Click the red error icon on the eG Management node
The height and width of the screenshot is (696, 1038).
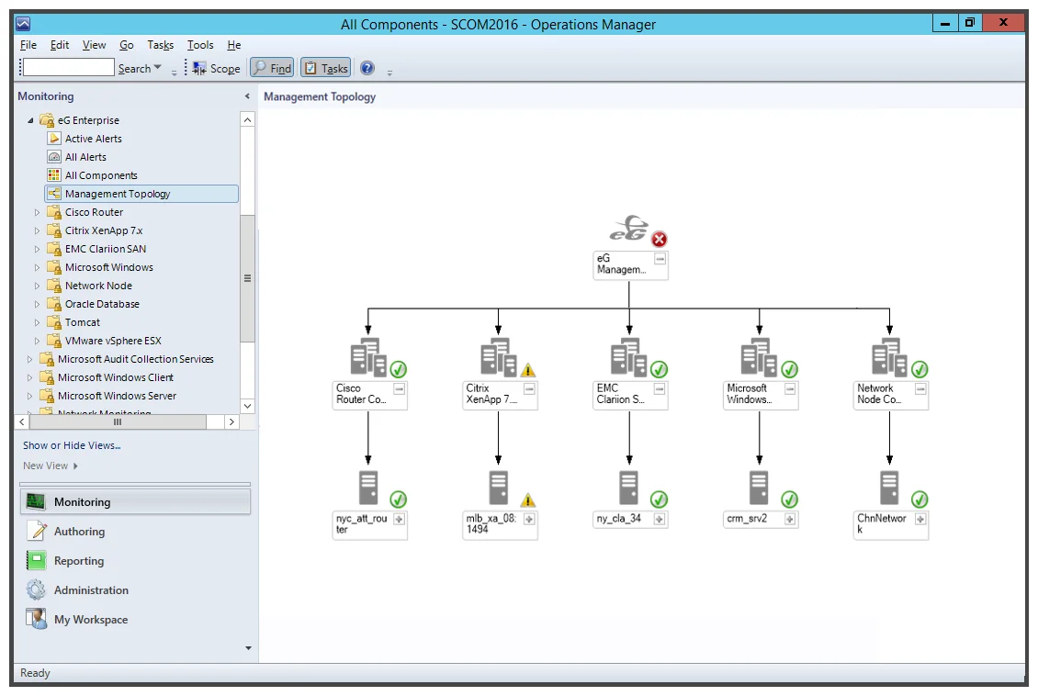659,240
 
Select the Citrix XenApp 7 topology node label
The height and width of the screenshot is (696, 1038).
491,394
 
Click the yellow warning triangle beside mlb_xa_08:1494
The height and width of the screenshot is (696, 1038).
527,500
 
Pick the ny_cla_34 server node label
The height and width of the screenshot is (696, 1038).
619,519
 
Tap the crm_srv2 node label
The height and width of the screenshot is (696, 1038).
747,519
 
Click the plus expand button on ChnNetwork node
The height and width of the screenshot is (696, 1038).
920,520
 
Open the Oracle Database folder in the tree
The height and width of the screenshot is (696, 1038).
102,304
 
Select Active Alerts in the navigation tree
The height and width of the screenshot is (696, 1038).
94,139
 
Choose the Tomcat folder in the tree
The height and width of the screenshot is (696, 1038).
82,323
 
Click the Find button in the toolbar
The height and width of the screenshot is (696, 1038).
272,68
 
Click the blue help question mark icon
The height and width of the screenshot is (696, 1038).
367,68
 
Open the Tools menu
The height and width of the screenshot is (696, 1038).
200,45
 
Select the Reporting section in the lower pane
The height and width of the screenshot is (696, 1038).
79,561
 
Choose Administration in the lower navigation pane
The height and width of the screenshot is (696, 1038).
91,590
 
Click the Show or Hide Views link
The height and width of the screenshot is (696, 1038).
72,446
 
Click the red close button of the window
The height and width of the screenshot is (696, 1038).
1004,22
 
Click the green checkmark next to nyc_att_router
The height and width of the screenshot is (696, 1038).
398,500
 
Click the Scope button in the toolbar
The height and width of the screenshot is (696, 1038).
217,68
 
